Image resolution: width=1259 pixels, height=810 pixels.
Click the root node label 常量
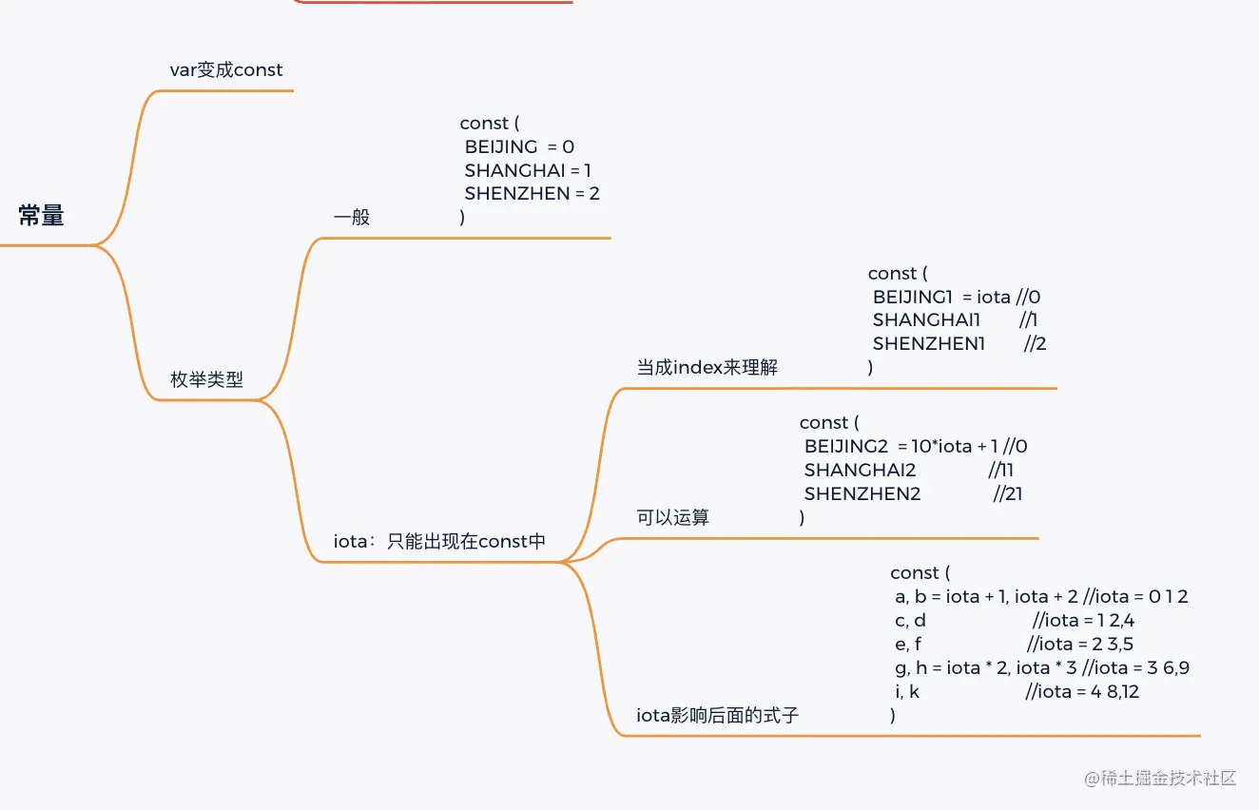41,217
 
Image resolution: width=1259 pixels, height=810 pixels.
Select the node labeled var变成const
226,69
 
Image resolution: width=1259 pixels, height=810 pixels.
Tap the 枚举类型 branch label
206,379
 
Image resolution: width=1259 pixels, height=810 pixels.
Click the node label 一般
352,217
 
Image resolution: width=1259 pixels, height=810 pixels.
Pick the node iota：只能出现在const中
439,542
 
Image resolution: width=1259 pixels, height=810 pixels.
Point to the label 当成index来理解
707,367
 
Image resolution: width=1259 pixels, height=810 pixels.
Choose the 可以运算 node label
672,517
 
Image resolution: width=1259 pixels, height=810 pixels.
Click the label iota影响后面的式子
717,715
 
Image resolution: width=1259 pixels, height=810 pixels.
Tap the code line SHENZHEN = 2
532,193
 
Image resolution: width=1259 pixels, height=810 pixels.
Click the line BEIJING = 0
519,146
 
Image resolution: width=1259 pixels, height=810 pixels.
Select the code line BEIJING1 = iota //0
956,297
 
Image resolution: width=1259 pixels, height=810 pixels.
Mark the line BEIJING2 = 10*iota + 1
915,446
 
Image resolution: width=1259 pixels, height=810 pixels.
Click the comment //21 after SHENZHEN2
1008,493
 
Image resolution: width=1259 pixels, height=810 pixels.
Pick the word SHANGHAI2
860,470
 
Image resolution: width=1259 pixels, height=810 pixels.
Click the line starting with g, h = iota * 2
1041,667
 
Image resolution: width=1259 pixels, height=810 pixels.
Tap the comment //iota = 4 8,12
1082,691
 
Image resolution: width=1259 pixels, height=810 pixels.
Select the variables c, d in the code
910,620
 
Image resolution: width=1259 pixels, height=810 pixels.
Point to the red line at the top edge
433,2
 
